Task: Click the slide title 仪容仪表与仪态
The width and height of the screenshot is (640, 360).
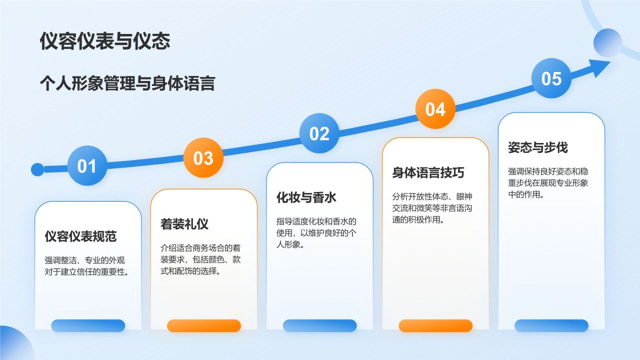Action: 105,41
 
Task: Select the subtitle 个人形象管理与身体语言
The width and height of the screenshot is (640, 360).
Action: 127,83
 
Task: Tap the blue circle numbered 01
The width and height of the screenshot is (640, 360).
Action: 86,165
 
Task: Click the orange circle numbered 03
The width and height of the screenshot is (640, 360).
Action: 203,158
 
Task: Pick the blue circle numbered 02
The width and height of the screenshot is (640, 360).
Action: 319,133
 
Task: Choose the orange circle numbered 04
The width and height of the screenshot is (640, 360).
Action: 435,109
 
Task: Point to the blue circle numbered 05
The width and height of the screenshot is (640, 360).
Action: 551,78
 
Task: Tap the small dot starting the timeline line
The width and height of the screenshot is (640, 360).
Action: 37,169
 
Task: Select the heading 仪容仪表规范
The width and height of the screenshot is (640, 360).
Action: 80,236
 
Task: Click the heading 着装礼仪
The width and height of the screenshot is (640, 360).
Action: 184,223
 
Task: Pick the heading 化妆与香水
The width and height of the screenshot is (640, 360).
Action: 306,197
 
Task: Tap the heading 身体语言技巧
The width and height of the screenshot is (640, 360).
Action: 428,172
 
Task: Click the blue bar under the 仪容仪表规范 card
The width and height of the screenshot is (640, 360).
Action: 88,325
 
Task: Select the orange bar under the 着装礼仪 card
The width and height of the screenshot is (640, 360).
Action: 204,325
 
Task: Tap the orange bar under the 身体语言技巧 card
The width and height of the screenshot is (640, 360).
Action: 435,325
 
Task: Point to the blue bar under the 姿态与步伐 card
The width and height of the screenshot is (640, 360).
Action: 551,325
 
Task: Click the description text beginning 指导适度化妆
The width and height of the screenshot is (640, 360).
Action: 316,233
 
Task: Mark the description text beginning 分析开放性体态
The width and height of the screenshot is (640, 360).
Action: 432,207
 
